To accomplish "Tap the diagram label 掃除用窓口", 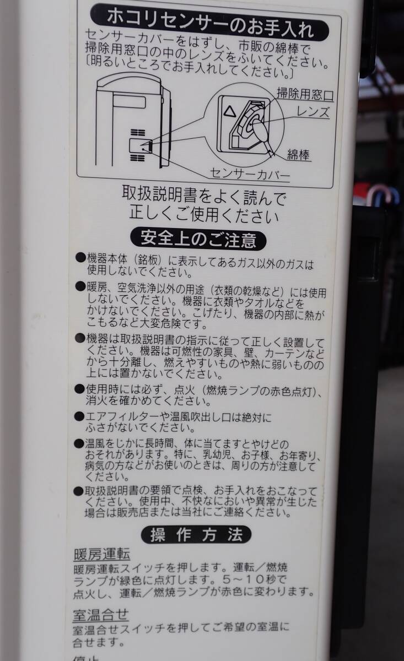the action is (305, 94).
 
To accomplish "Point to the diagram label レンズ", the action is (313, 112).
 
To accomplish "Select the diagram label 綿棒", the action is (299, 155).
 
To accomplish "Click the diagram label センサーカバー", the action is (250, 175).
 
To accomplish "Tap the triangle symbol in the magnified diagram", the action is (229, 111).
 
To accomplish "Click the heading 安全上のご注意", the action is (198, 239).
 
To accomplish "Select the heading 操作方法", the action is (196, 534).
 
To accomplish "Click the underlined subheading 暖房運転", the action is (102, 554).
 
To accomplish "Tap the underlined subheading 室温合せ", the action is (101, 615).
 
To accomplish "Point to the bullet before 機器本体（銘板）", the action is (80, 257).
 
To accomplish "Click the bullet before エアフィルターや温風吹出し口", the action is (79, 416).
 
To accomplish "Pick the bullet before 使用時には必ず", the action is (79, 389).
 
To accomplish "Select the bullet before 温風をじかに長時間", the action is (79, 443).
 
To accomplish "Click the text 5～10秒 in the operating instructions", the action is (255, 579).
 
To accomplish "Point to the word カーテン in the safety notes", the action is (286, 353).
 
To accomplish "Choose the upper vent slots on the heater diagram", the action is (138, 132).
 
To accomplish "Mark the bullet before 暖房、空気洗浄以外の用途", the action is (80, 286).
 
